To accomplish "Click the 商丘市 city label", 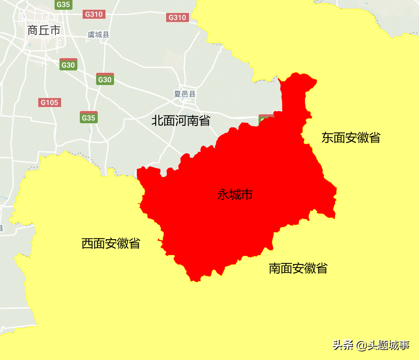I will click(x=44, y=30).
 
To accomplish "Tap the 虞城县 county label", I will click(x=99, y=35).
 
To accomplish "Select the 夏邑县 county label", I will click(x=185, y=94).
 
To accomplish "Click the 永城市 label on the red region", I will click(x=235, y=195).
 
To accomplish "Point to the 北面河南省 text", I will click(x=181, y=120).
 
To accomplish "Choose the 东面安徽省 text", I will click(x=351, y=137).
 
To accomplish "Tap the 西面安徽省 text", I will click(x=111, y=243).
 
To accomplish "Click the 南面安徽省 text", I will click(x=298, y=268).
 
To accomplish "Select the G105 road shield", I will click(x=50, y=103).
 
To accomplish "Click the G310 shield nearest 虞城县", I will click(x=94, y=14).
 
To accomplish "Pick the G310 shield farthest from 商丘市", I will click(x=177, y=17).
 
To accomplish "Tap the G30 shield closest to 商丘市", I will click(x=68, y=65).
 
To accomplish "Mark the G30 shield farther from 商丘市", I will click(x=105, y=79).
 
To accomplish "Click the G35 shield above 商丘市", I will click(x=63, y=4).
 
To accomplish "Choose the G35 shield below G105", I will click(x=88, y=118).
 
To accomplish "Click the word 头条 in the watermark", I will click(x=342, y=345).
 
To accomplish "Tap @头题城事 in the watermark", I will click(x=383, y=345).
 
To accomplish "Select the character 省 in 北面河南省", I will click(x=204, y=120).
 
